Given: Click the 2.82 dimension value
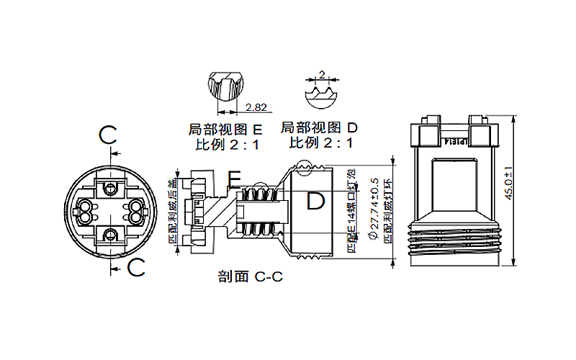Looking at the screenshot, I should click(256, 108).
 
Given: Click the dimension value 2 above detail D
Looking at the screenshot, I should click(322, 74).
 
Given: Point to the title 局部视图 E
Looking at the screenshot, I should click(225, 130).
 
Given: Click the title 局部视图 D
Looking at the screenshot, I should click(319, 128).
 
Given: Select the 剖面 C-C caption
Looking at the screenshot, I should click(249, 276).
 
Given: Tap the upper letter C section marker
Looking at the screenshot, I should click(108, 135).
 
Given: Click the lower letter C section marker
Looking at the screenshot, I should click(136, 268).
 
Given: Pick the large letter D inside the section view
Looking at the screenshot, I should click(315, 202).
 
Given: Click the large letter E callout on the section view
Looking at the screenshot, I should click(235, 178).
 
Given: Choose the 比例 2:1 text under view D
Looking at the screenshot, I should click(321, 143).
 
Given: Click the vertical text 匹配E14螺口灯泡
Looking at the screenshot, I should click(351, 210).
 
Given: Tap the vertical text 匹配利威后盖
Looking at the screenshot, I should click(174, 209).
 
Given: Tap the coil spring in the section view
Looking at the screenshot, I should click(259, 210).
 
